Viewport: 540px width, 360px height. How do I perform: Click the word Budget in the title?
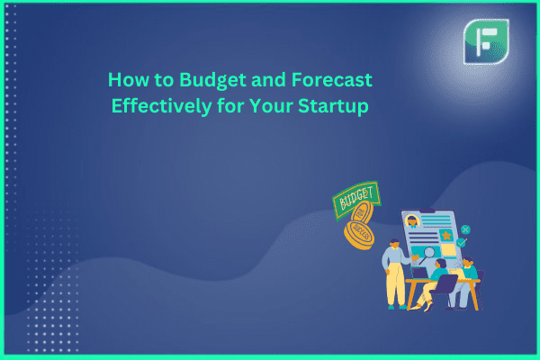pyautogui.click(x=213, y=81)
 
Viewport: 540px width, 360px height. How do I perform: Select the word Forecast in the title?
pyautogui.click(x=332, y=79)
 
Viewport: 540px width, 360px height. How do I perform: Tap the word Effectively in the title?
pyautogui.click(x=161, y=105)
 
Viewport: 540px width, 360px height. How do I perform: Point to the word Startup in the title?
pyautogui.click(x=333, y=106)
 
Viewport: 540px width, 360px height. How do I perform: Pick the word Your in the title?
pyautogui.click(x=271, y=105)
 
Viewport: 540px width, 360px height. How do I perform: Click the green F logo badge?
pyautogui.click(x=486, y=41)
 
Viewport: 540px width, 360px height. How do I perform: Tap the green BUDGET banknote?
pyautogui.click(x=356, y=199)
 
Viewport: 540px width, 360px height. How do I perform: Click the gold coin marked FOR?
pyautogui.click(x=362, y=213)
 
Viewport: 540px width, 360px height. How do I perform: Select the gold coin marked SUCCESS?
pyautogui.click(x=359, y=236)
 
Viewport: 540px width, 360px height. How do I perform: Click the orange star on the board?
pyautogui.click(x=446, y=235)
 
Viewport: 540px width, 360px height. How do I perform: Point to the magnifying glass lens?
pyautogui.click(x=429, y=253)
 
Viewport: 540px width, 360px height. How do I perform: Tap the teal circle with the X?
pyautogui.click(x=465, y=229)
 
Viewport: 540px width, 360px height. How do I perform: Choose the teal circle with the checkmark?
pyautogui.click(x=461, y=243)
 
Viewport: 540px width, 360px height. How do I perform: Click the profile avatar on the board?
pyautogui.click(x=412, y=220)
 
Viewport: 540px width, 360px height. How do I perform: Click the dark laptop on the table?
pyautogui.click(x=419, y=273)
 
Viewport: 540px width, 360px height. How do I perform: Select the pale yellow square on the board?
pyautogui.click(x=449, y=250)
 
